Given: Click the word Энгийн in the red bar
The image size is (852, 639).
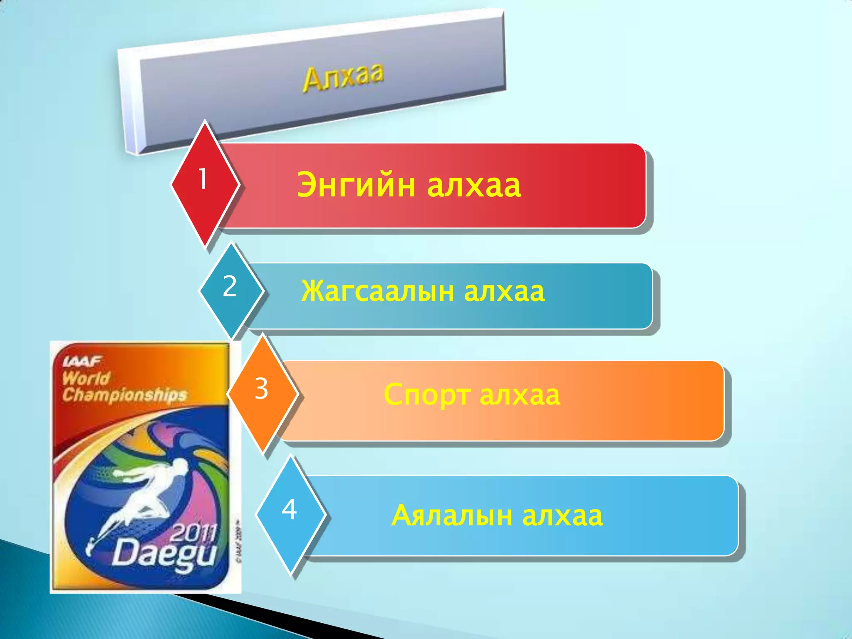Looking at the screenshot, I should point(356,185).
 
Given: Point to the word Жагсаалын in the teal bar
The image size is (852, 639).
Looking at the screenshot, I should point(378,291).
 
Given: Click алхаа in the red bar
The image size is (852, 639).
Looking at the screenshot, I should point(474,185).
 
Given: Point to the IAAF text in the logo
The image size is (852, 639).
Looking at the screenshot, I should point(82,361).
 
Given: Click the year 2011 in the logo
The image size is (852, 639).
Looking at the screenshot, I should point(194,532).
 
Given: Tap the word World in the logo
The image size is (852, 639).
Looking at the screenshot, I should point(86,378).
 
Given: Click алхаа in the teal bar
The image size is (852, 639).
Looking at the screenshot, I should point(504,291).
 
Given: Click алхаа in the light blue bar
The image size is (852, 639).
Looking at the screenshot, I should point(562,516).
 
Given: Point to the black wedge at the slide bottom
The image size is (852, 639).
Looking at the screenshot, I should point(291,620).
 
